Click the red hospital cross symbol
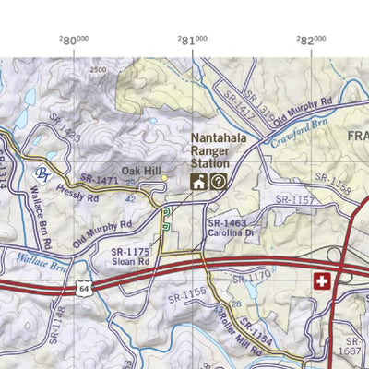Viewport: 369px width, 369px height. point(321,281)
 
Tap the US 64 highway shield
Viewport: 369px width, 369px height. point(86,290)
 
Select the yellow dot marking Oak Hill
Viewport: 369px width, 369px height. point(165,177)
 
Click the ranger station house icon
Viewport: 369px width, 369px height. point(198,182)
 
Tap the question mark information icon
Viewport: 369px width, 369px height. point(218,182)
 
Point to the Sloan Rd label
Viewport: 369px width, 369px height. point(130,262)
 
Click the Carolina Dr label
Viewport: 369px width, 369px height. point(231,233)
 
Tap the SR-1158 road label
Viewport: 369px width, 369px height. point(333,183)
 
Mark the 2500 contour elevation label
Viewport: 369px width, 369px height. point(99,70)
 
